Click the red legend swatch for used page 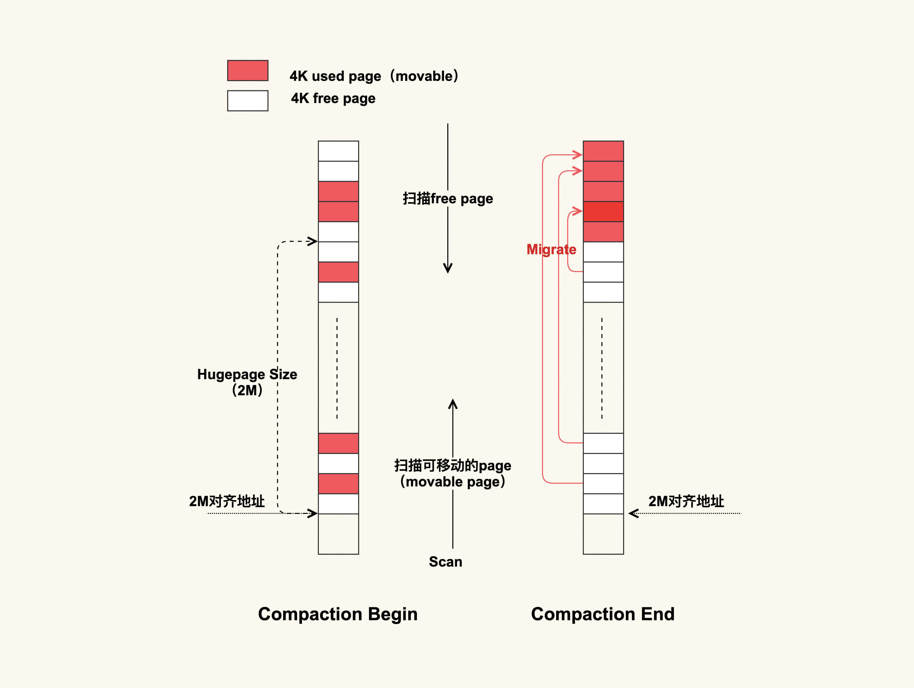[x=248, y=71]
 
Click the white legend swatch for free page [x=248, y=101]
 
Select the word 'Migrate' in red [x=551, y=250]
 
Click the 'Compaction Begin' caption [x=337, y=614]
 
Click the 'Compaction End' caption [x=602, y=614]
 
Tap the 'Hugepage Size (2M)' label [x=247, y=382]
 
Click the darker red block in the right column [x=603, y=212]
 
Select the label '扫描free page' [x=448, y=199]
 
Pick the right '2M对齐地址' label [x=686, y=501]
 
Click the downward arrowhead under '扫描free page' [x=448, y=268]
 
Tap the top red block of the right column [x=603, y=151]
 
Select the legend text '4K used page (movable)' [x=374, y=76]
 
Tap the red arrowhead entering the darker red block [x=578, y=212]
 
